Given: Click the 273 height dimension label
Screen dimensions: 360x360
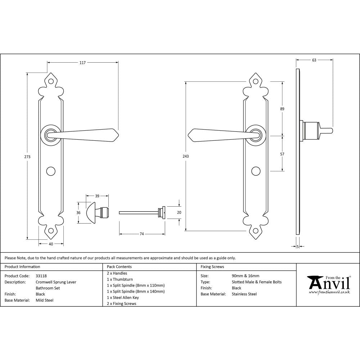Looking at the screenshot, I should click(x=27, y=157).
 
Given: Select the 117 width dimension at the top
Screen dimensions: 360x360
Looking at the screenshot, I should click(x=82, y=63).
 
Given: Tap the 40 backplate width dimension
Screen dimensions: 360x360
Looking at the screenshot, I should click(x=51, y=244).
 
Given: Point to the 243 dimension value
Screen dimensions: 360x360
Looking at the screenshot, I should click(x=186, y=156).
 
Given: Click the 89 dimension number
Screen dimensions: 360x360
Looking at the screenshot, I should click(x=282, y=109).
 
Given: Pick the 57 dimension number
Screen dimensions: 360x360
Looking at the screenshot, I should click(x=282, y=154).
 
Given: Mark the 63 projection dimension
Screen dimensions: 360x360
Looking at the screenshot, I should click(x=314, y=60).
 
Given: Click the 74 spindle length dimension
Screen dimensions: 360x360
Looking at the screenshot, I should click(x=142, y=234).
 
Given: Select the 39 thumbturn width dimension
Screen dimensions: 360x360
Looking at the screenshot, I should click(x=97, y=196).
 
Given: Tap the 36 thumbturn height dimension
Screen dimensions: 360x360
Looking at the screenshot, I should click(x=78, y=212).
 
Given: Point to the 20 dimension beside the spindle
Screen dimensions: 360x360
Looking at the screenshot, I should click(x=179, y=212).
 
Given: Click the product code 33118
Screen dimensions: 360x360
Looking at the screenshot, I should click(x=41, y=276).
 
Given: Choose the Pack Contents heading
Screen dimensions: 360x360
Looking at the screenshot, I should click(x=119, y=267).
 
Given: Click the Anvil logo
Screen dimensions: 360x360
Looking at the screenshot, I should click(x=328, y=284).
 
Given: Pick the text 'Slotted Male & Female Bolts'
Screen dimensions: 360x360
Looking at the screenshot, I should click(x=257, y=282).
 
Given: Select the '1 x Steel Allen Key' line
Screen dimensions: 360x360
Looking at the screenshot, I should click(x=123, y=298).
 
